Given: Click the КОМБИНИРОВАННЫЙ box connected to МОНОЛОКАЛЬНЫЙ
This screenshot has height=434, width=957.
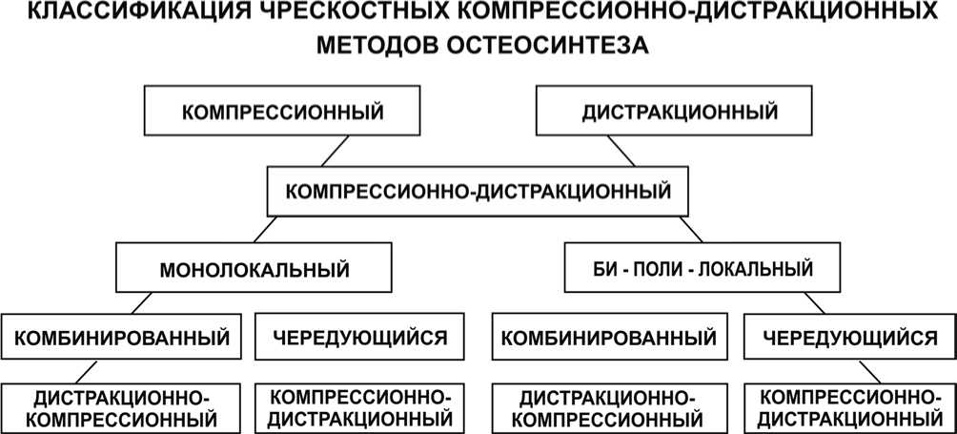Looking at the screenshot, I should click(x=120, y=338).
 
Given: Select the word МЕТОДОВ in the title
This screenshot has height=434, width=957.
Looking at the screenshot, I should click(x=376, y=45).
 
